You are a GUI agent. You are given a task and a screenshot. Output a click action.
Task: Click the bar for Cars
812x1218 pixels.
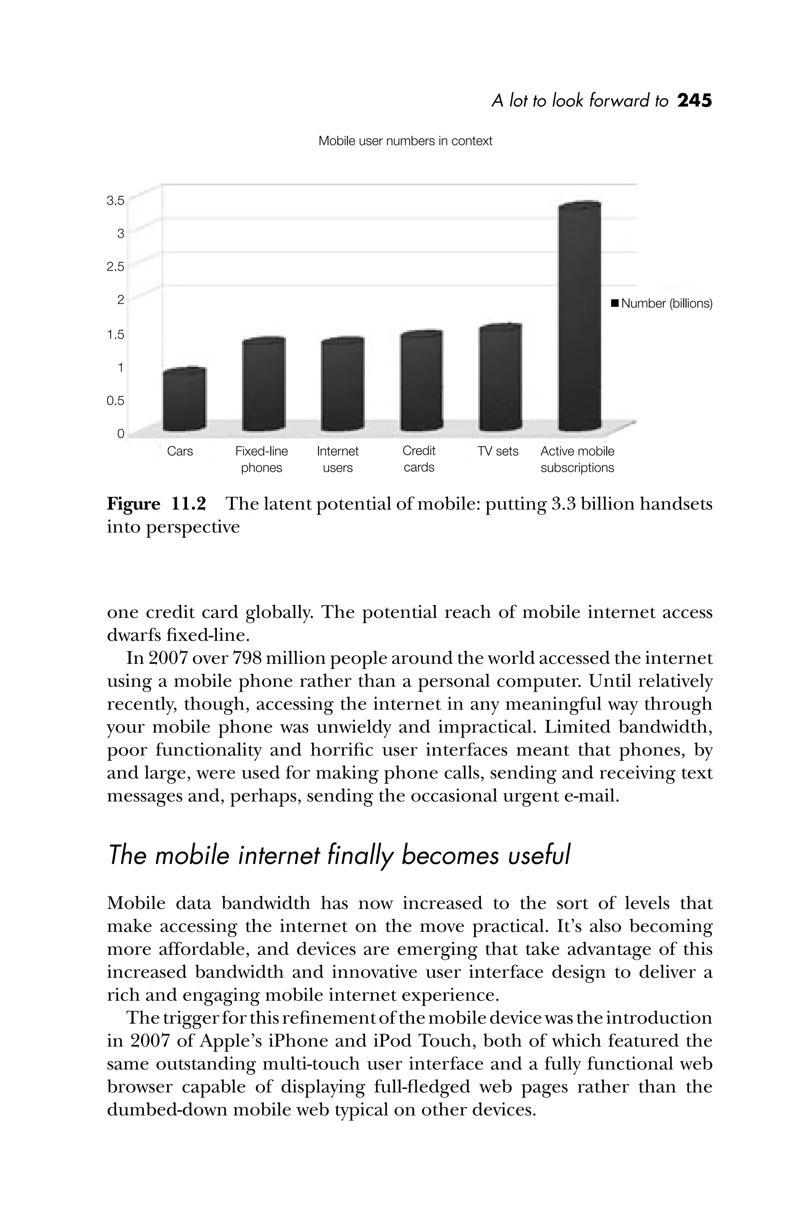tap(184, 400)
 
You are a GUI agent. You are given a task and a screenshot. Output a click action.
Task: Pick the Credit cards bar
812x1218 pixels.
tap(421, 381)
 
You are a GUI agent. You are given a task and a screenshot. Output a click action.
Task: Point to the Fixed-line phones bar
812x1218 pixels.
tap(264, 384)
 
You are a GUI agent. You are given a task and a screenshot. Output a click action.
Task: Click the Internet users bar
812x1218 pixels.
tap(342, 384)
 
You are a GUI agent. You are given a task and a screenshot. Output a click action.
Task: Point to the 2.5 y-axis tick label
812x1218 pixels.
tap(115, 267)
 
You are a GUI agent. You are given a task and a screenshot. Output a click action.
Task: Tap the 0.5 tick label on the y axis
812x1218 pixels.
tap(115, 401)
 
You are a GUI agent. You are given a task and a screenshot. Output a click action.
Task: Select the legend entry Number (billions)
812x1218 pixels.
tap(661, 303)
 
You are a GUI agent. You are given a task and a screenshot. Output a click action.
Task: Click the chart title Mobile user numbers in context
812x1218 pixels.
tap(405, 141)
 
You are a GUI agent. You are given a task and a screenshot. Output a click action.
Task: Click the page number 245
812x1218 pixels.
tap(695, 100)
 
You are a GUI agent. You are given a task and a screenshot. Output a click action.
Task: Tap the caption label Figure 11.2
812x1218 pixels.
tap(156, 504)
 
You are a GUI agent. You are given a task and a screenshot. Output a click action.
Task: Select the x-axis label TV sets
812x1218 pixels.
tap(498, 452)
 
